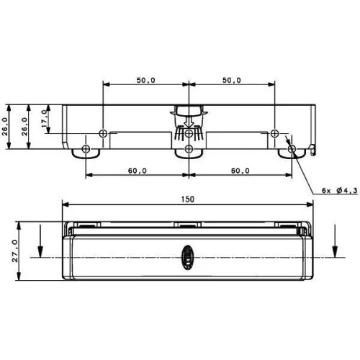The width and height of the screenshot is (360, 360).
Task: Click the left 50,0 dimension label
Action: (x=145, y=81)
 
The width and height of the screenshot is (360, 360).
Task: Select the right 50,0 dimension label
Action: (x=231, y=81)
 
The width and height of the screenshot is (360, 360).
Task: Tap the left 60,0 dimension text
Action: (x=137, y=171)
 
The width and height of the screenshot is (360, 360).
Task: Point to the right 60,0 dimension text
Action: (x=240, y=171)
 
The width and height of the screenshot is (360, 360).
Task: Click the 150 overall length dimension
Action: (x=188, y=199)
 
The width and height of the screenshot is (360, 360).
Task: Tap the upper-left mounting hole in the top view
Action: (x=103, y=133)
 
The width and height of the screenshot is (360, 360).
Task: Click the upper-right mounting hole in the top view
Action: (x=274, y=133)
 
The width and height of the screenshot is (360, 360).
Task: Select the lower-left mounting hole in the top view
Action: (x=86, y=149)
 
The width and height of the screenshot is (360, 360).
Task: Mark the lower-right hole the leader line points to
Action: (x=292, y=149)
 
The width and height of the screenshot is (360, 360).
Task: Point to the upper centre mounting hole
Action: (x=188, y=133)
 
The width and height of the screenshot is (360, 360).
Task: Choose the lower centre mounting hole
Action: (x=188, y=149)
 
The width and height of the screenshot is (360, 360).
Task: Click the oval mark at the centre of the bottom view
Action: (x=187, y=256)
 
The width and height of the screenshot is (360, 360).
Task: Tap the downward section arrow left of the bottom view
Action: (x=41, y=240)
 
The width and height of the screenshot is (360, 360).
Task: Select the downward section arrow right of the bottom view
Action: (x=335, y=240)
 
